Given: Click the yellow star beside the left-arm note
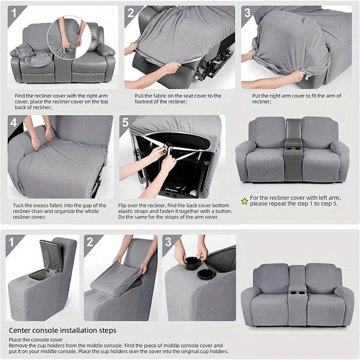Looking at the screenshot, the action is click(x=245, y=202).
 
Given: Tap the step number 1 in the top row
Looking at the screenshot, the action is click(x=14, y=13).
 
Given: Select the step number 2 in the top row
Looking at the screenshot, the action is click(x=131, y=13).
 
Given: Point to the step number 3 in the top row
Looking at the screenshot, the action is click(x=247, y=13).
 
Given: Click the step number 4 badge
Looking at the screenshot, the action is click(x=13, y=122).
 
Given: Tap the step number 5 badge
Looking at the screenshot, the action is click(x=125, y=122).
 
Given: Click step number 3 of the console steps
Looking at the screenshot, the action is click(x=168, y=242).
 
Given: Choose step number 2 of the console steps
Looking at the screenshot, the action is click(x=90, y=242).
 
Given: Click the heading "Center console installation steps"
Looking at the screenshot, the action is click(x=62, y=331).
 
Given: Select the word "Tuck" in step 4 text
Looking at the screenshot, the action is click(x=18, y=205).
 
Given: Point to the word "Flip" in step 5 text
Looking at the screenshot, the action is click(x=122, y=205).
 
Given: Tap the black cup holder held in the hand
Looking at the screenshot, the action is click(x=192, y=263).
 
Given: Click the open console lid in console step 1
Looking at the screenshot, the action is click(x=51, y=255).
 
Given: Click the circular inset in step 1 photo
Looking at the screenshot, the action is click(x=69, y=38).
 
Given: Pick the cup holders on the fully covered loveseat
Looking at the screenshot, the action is click(x=297, y=293).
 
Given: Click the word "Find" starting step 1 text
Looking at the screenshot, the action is click(x=20, y=96).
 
